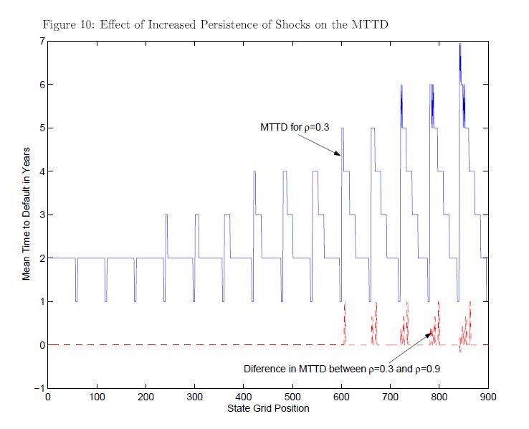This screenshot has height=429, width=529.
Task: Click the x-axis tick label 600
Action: [341, 397]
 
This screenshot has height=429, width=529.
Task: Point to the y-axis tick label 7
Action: [42, 42]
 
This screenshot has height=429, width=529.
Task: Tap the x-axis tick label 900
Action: [488, 397]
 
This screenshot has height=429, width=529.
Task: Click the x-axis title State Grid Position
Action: [267, 408]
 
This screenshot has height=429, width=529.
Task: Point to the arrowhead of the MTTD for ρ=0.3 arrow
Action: [340, 154]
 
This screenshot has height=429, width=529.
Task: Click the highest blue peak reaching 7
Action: [459, 45]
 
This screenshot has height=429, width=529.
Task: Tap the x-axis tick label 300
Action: [194, 397]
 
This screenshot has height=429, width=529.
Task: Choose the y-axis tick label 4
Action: [42, 171]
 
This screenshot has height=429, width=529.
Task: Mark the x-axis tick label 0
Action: [48, 397]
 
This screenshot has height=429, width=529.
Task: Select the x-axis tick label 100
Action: [97, 397]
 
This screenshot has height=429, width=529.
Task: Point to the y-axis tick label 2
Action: [42, 258]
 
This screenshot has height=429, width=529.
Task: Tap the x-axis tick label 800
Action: [439, 397]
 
